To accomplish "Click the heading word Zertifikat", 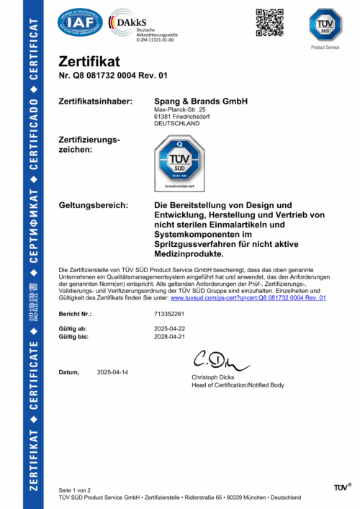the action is (x=89, y=62).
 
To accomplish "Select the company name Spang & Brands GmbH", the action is (x=201, y=102).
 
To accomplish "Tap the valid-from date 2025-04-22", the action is (x=170, y=328).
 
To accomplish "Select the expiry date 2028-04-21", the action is (x=170, y=336).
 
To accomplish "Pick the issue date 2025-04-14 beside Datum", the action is (x=112, y=371).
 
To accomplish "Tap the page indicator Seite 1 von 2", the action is (x=74, y=490).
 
